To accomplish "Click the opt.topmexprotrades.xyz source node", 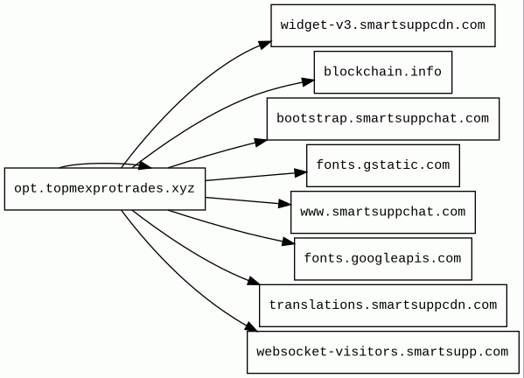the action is click(105, 189).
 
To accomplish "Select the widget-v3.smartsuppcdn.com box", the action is click(383, 25).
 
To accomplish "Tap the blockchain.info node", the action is click(383, 73).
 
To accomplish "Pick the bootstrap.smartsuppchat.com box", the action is click(383, 119).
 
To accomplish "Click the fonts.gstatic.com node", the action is click(383, 165).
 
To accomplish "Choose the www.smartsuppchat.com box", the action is click(383, 213).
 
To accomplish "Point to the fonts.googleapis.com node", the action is click(383, 259).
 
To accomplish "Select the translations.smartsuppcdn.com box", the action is click(383, 305).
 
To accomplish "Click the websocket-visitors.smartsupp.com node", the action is click(383, 353).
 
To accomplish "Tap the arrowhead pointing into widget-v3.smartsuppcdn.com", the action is click(265, 45).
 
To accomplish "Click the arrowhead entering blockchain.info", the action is click(308, 82).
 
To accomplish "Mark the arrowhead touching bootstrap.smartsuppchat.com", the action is click(261, 142).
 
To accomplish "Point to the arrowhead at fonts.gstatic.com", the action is click(300, 172).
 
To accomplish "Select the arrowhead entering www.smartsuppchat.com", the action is click(284, 204).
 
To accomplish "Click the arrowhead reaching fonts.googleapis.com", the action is click(288, 241).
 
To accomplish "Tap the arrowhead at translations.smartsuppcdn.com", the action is click(254, 281).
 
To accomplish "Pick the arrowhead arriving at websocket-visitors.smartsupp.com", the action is click(251, 327).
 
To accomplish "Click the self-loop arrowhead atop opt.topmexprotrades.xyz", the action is click(144, 165).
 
